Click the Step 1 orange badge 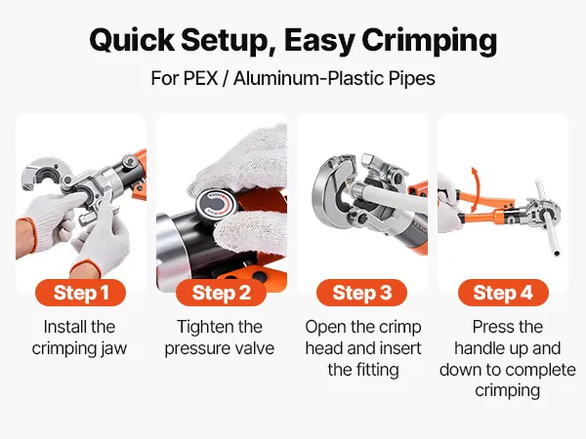tap(80, 293)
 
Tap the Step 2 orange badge tap(221, 293)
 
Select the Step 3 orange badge tap(361, 293)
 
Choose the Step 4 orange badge tap(503, 293)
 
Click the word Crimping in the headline tap(430, 41)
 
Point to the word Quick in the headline tap(132, 40)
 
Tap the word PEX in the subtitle tap(200, 78)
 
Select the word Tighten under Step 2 tap(202, 328)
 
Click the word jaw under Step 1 tap(113, 349)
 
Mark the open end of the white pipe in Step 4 tap(557, 254)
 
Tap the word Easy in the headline tap(319, 41)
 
